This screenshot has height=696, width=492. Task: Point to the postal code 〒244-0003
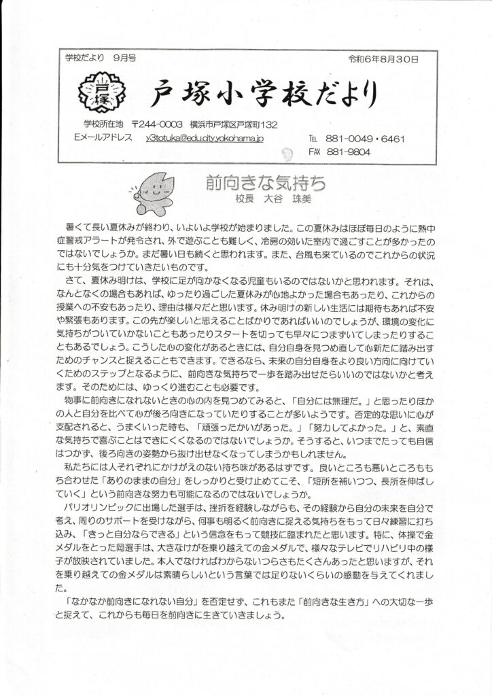(x=157, y=125)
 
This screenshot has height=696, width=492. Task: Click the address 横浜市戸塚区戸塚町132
(x=232, y=125)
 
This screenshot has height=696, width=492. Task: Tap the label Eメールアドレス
(x=101, y=138)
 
